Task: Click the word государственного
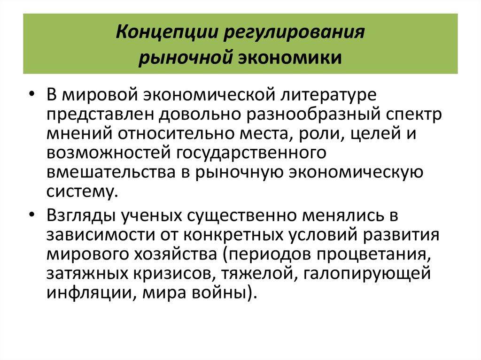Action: [250, 153]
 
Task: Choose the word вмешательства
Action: [110, 171]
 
